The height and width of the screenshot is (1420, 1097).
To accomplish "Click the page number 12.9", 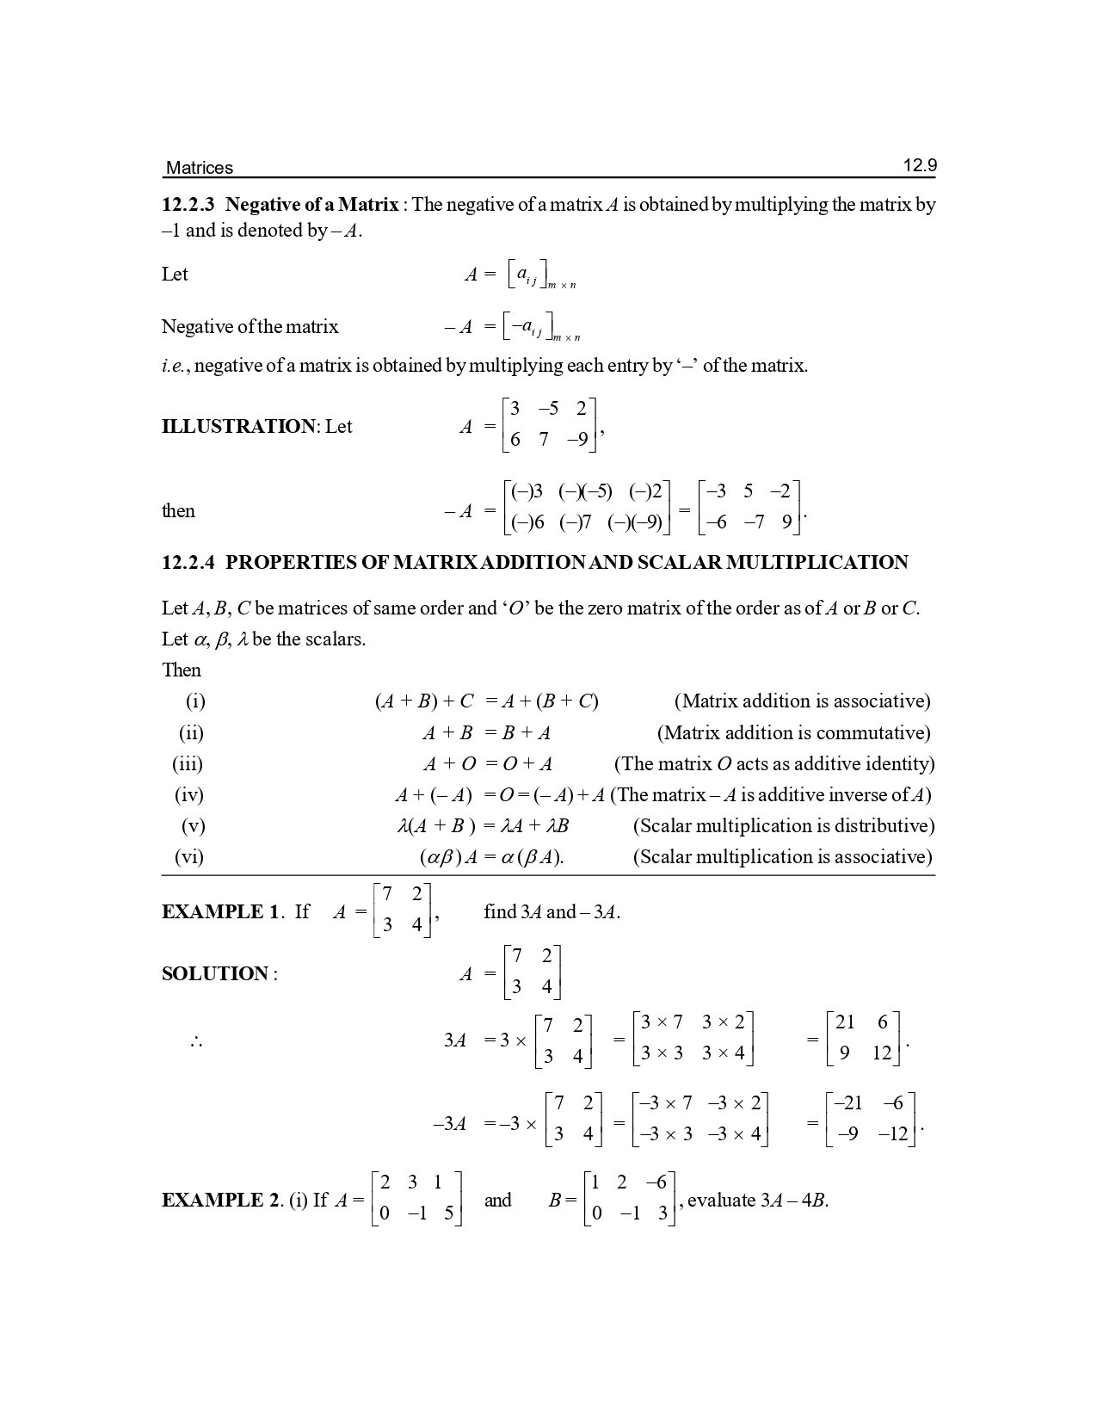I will click(919, 166).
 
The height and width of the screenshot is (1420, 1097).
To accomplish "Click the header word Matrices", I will click(199, 168).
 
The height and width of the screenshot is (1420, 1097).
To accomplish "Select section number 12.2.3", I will click(191, 205).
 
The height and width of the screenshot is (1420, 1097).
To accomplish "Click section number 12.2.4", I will click(191, 563).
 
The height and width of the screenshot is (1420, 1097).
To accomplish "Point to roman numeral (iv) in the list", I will click(189, 795).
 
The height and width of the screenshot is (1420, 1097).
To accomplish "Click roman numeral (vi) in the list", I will click(189, 857).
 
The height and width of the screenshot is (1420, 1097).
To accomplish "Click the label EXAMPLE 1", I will click(220, 912).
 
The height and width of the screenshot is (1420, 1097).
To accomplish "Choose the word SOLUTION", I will click(215, 974).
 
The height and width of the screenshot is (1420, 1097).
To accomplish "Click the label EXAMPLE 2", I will click(220, 1201).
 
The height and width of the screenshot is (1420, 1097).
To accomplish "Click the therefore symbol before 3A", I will click(196, 1041).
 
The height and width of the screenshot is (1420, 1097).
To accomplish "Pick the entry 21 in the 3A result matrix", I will click(845, 1022).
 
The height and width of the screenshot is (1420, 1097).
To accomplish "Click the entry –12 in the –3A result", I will click(892, 1134).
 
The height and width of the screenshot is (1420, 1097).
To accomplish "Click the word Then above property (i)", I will click(182, 670).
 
